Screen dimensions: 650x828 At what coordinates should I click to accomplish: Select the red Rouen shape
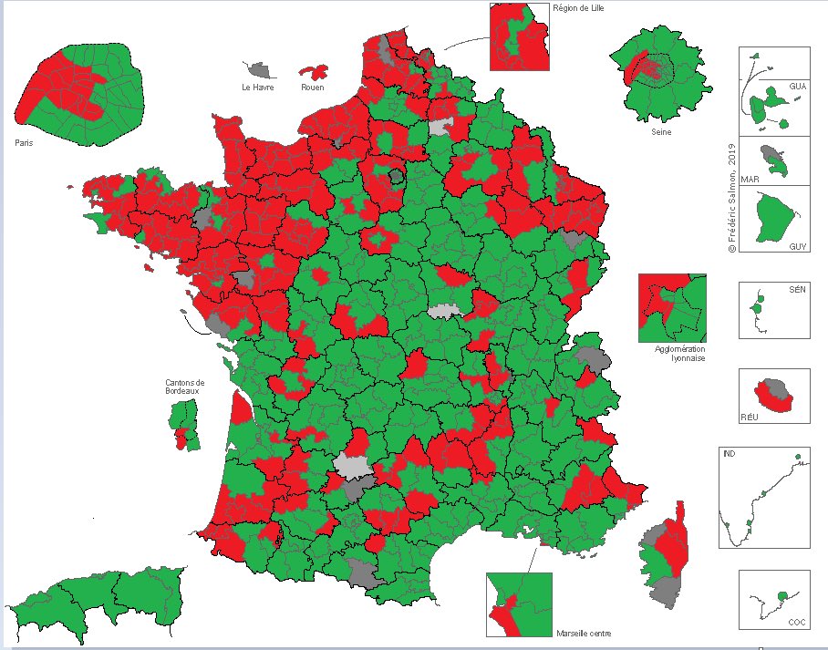(x=314, y=72)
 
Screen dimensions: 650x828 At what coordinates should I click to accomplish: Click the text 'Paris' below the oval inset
(x=24, y=142)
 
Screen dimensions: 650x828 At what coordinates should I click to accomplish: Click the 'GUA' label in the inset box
(x=798, y=86)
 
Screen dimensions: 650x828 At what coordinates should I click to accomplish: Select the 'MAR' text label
(x=750, y=177)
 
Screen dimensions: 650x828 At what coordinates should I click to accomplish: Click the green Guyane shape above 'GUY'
(x=774, y=215)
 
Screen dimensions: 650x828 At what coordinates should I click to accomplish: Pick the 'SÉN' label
(x=797, y=289)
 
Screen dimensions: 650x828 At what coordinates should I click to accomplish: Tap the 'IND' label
(x=728, y=454)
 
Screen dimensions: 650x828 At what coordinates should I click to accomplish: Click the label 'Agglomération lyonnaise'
(x=679, y=354)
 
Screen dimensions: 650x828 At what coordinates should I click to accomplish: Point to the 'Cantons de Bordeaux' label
(x=185, y=386)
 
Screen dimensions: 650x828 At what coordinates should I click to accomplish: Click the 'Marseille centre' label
(x=583, y=633)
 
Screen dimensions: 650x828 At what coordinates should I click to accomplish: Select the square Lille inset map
(x=519, y=36)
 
